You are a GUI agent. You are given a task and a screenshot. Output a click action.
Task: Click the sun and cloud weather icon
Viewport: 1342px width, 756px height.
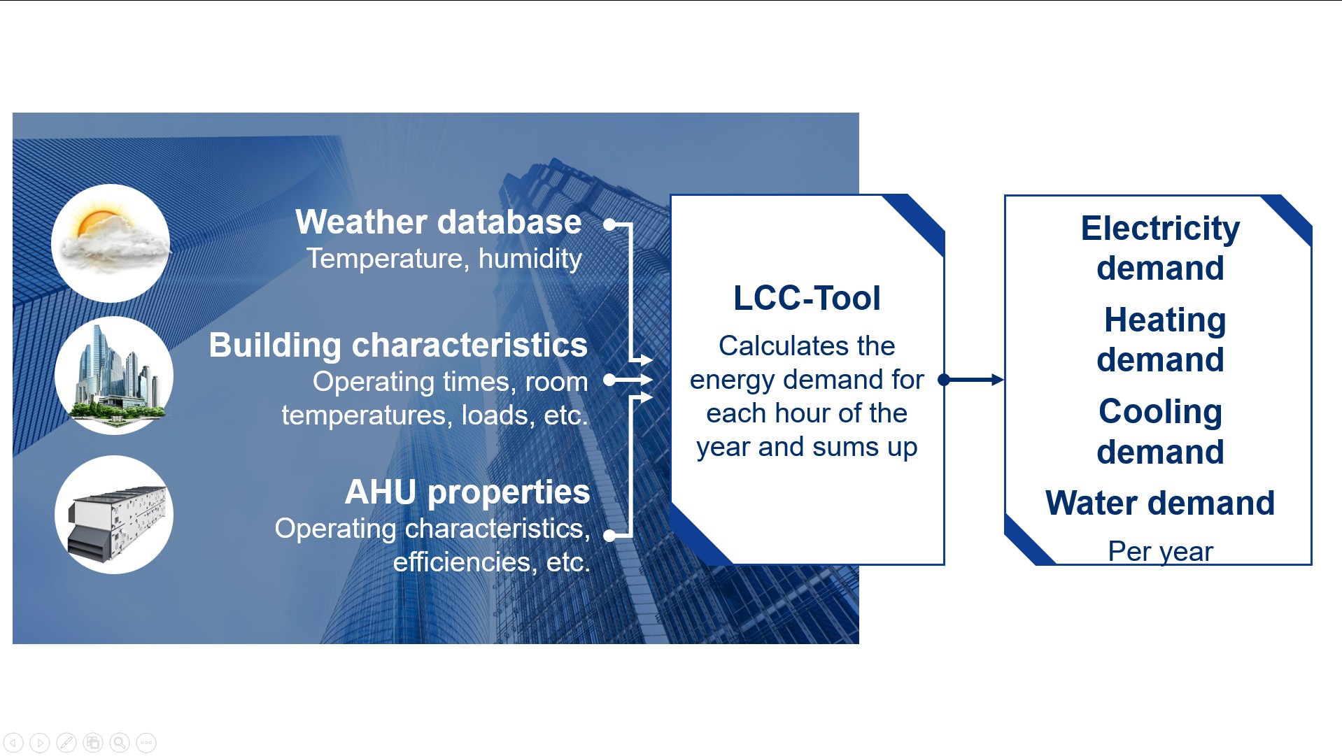111,243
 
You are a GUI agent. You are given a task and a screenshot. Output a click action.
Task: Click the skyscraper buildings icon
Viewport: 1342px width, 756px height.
114,376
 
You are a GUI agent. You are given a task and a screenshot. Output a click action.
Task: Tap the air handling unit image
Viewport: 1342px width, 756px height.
114,515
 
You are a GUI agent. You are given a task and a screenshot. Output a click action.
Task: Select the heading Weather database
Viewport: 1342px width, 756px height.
439,222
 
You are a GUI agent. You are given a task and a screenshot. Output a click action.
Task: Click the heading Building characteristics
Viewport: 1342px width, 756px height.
398,345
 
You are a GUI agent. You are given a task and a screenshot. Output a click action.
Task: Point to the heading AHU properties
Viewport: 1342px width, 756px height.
467,492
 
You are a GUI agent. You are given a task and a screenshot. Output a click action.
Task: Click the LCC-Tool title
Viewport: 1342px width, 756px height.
807,298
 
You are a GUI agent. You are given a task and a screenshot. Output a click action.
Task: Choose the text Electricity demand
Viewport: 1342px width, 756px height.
1160,248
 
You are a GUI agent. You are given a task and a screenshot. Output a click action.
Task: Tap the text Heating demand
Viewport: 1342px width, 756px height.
1161,340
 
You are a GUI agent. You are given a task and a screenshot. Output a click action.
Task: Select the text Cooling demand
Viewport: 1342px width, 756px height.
1160,432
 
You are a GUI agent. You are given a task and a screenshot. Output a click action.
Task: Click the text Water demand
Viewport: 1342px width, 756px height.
1160,503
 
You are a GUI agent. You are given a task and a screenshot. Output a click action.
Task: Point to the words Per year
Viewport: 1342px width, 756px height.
1160,552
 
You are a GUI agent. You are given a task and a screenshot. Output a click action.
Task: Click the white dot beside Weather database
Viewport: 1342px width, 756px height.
609,224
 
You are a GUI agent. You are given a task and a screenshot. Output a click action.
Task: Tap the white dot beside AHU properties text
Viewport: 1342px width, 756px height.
609,536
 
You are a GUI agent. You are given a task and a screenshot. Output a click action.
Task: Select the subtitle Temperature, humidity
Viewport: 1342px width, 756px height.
444,259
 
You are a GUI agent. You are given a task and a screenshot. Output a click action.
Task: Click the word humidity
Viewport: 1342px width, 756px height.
530,259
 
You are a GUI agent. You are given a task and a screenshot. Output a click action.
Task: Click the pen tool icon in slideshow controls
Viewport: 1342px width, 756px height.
66,743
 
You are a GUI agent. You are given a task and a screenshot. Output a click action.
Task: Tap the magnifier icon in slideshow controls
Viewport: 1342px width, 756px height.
120,743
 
